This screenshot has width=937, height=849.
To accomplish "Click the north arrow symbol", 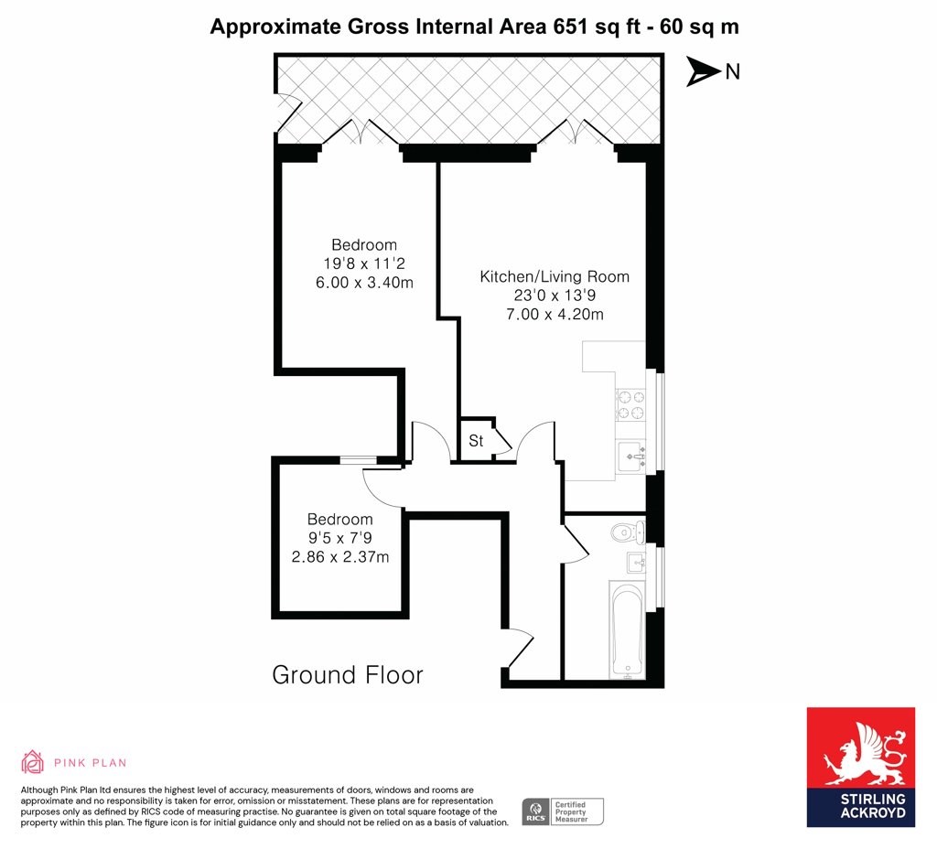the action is (703, 72).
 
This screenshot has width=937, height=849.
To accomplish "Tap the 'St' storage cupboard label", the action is (476, 441).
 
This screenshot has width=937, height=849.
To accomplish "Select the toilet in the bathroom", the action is (628, 532).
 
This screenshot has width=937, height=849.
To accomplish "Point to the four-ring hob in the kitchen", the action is (631, 404).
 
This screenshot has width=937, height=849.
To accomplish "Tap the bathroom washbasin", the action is (637, 563).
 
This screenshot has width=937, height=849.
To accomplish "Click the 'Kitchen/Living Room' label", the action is (555, 276).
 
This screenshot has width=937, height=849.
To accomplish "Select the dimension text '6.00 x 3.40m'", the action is (364, 283).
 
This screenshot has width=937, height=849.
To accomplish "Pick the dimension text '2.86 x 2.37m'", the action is (340, 557).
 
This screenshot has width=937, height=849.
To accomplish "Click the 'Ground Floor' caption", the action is (347, 675).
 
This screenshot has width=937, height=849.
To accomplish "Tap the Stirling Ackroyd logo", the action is (860, 768).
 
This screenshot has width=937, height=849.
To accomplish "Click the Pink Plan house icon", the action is (32, 762).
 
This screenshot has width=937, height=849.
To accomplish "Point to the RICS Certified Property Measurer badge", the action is (563, 812).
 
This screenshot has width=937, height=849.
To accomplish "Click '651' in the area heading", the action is (572, 27).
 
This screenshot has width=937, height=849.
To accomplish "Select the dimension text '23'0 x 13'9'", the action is (555, 296).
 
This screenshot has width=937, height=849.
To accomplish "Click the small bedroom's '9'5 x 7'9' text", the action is (340, 538).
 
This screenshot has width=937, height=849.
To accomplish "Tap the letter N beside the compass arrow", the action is (733, 71).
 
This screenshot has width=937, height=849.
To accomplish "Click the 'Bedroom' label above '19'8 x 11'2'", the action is (364, 245).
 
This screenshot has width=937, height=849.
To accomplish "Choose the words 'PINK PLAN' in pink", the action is (91, 763).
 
